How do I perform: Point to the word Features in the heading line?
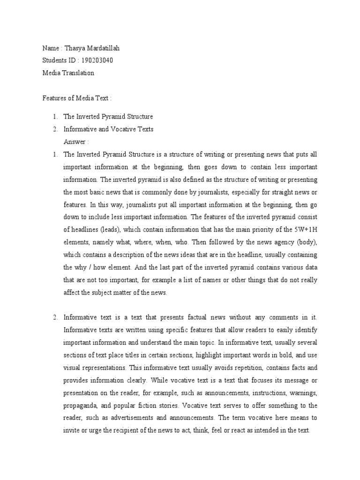coord(54,98)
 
